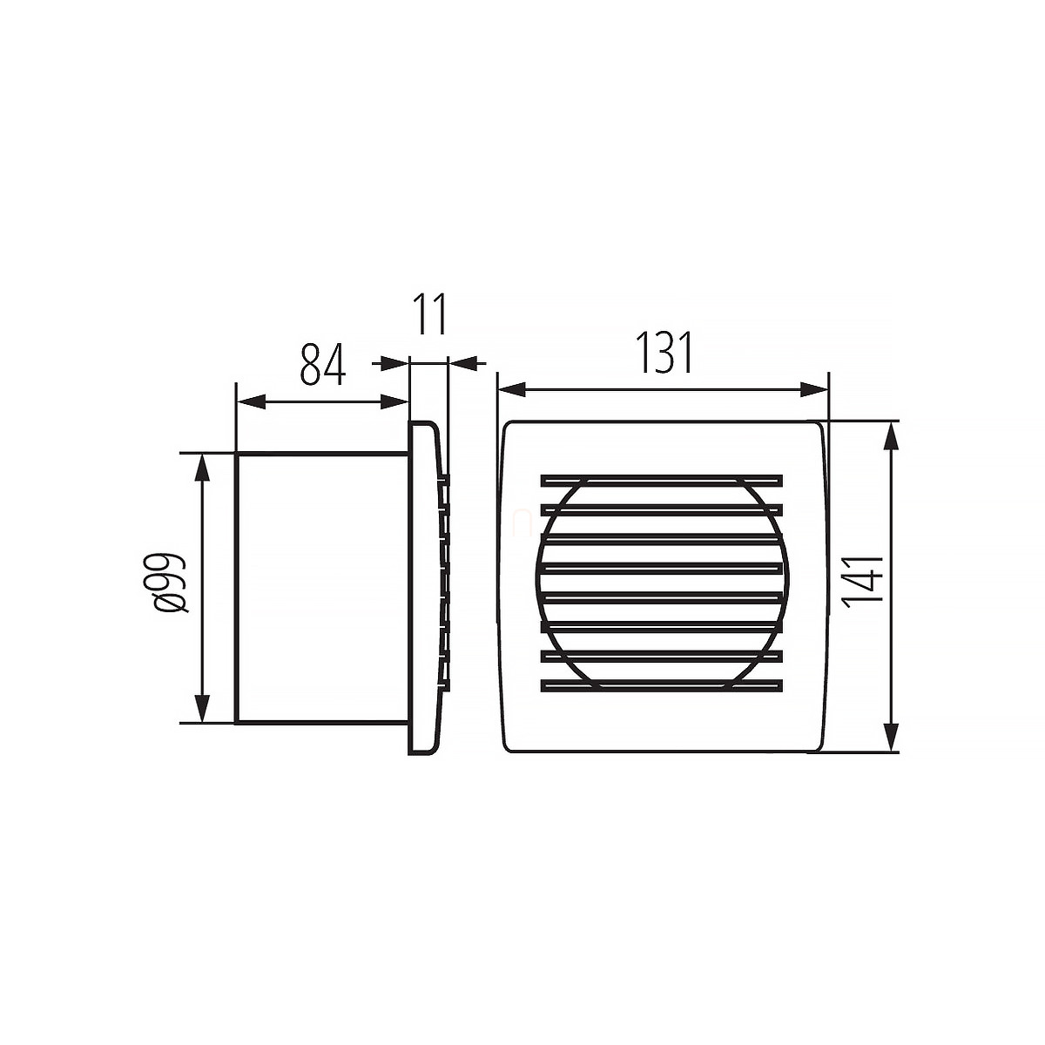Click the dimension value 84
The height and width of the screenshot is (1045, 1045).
click(323, 364)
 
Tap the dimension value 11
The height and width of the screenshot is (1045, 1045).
click(429, 315)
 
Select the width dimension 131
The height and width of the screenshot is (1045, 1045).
click(664, 353)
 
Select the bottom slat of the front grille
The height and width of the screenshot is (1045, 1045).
click(661, 686)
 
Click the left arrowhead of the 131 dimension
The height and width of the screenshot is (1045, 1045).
click(512, 389)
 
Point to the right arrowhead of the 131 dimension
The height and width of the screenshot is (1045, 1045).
click(814, 389)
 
